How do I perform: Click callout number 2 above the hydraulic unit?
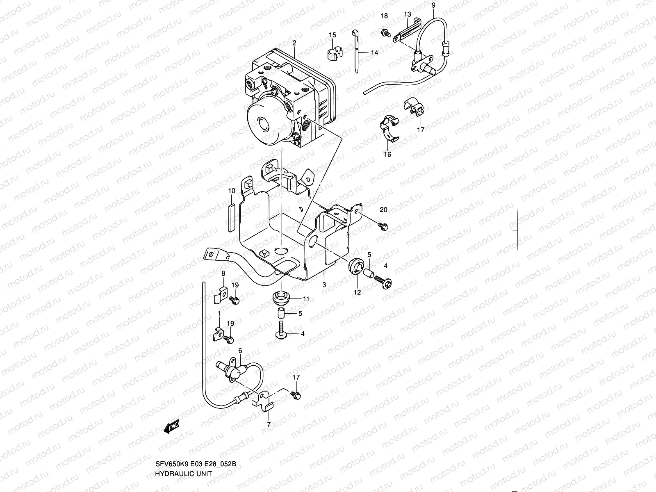click(294, 43)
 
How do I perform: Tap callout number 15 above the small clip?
click(332, 35)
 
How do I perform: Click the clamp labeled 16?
click(390, 128)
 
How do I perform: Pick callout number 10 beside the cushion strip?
click(232, 191)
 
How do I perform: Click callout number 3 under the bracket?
click(323, 285)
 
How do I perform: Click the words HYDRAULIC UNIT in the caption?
click(184, 485)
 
